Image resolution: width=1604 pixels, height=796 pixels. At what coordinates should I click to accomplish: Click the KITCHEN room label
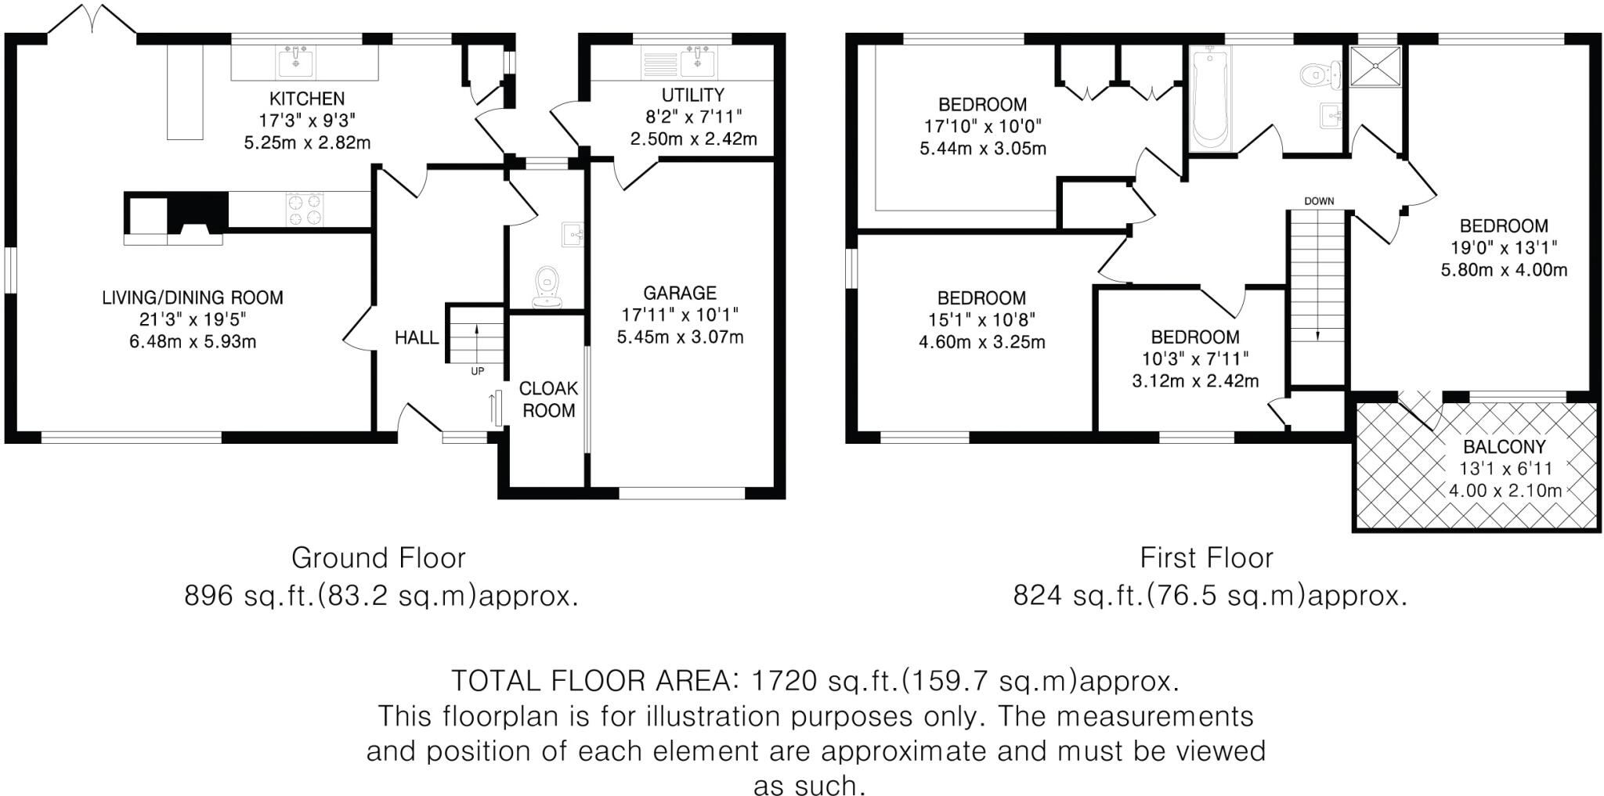pyautogui.click(x=306, y=99)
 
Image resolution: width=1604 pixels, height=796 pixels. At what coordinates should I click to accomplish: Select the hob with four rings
pyautogui.click(x=305, y=209)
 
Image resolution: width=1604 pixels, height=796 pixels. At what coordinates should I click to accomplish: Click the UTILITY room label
pyautogui.click(x=692, y=95)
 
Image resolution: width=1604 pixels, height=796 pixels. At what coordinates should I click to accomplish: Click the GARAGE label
pyautogui.click(x=679, y=294)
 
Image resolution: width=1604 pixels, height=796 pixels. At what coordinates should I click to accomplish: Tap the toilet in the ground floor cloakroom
pyautogui.click(x=547, y=286)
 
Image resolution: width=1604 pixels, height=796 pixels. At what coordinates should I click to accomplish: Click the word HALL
pyautogui.click(x=416, y=338)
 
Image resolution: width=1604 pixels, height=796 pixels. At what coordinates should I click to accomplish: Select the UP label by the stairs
pyautogui.click(x=477, y=372)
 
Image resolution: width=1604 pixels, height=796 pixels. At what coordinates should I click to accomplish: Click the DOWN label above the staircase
pyautogui.click(x=1319, y=201)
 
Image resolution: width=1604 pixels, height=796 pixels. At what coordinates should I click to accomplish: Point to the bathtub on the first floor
pyautogui.click(x=1210, y=98)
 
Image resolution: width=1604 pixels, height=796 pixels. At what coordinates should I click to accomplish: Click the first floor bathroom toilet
pyautogui.click(x=1314, y=74)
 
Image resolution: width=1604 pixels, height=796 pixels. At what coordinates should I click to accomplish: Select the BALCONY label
pyautogui.click(x=1504, y=447)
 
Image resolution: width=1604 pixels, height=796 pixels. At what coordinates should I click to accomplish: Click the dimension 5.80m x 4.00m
pyautogui.click(x=1504, y=270)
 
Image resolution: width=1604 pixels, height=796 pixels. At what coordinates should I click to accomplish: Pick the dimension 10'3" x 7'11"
pyautogui.click(x=1195, y=359)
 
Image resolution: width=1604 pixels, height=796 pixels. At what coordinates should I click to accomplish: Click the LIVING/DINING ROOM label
pyautogui.click(x=193, y=297)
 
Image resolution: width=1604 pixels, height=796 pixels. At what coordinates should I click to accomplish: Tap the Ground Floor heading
pyautogui.click(x=378, y=558)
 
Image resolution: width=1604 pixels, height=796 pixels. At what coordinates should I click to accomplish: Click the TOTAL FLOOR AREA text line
pyautogui.click(x=815, y=681)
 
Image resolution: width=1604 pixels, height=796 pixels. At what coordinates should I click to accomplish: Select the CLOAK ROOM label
pyautogui.click(x=548, y=399)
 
